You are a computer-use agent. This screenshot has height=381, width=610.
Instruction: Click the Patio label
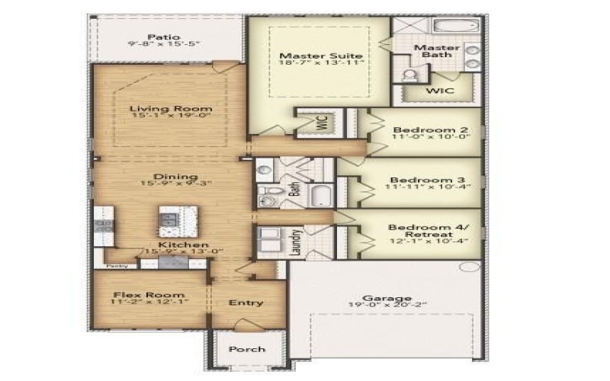point(164,37)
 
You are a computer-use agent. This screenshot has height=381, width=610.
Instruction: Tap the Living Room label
point(170,108)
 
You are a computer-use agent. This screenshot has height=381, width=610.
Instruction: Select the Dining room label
point(170,177)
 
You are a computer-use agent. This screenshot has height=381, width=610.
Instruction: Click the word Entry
point(246,303)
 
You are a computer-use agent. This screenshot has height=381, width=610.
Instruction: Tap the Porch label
point(248,349)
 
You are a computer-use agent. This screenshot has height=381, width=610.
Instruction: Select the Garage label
point(387,299)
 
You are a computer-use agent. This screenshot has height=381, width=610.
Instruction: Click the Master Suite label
point(319,56)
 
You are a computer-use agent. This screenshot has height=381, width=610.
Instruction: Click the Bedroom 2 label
point(425,130)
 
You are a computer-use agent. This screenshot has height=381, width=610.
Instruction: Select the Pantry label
point(116,266)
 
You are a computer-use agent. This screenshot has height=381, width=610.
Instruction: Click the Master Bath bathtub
point(454,26)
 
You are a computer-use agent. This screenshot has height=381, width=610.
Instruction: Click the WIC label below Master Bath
point(440,91)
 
